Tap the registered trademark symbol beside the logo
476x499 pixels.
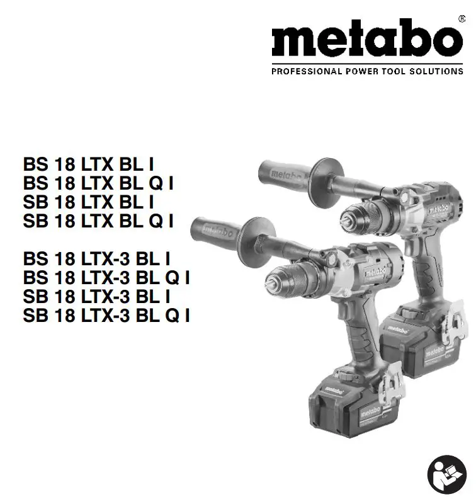point(462,20)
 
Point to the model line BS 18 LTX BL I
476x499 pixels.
point(89,164)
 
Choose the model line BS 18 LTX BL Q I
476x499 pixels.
point(98,183)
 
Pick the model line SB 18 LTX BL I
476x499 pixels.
point(89,202)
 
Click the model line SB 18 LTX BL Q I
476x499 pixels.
point(98,221)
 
